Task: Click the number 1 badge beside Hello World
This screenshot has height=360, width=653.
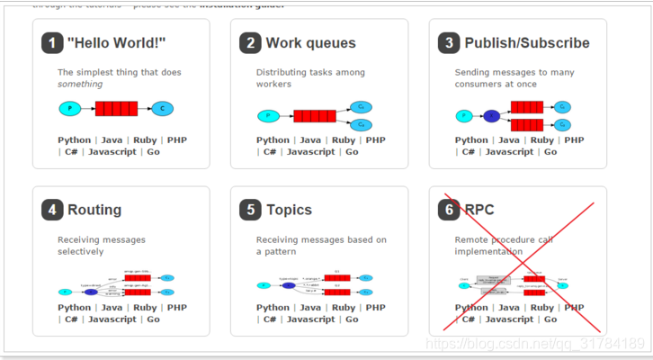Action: tap(52, 43)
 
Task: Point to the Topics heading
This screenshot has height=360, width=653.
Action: tap(289, 210)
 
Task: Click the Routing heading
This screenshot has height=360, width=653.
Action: tap(94, 210)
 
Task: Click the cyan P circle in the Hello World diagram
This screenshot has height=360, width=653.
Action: tap(69, 109)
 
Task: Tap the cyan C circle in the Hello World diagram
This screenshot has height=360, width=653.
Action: tap(162, 109)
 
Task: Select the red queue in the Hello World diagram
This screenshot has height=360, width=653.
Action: tap(116, 109)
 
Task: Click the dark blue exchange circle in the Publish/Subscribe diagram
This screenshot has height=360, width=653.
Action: tap(491, 115)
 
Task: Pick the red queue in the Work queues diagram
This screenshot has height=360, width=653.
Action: tap(314, 115)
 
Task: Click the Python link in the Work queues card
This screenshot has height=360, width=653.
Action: tap(273, 140)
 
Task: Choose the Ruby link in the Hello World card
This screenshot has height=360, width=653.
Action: tap(145, 140)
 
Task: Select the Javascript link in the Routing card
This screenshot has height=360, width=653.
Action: tap(112, 319)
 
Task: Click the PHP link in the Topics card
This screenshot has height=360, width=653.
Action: tap(375, 308)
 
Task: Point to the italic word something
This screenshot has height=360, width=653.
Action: tap(79, 84)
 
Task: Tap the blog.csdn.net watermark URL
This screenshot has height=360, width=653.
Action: tap(534, 343)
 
